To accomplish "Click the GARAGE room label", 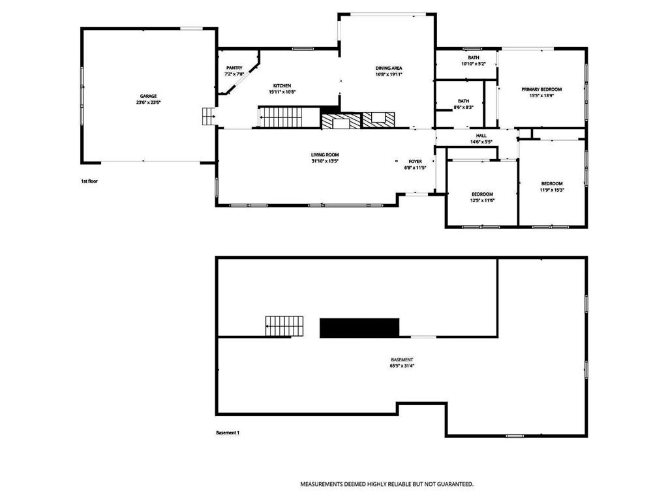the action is click(148, 97).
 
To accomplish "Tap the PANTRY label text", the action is click(234, 68).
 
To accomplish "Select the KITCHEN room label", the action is click(282, 85).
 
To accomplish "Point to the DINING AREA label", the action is click(389, 68).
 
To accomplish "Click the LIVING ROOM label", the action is click(325, 155).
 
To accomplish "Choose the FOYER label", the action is click(415, 162).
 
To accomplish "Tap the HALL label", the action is click(481, 136).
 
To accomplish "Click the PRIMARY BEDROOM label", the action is click(541, 89).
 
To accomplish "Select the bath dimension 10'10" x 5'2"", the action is click(474, 64).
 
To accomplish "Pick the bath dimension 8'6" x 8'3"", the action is click(464, 108).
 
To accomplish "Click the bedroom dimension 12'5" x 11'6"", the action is click(482, 200).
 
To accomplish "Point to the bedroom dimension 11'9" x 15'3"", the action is click(552, 190).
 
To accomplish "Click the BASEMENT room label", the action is click(402, 360).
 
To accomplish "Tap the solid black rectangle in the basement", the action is click(359, 328).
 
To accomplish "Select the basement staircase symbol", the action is click(284, 326).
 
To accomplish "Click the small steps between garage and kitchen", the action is click(208, 116).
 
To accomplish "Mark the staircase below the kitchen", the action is click(280, 117).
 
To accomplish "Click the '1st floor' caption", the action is click(89, 181).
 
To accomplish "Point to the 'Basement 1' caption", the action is click(228, 433).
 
